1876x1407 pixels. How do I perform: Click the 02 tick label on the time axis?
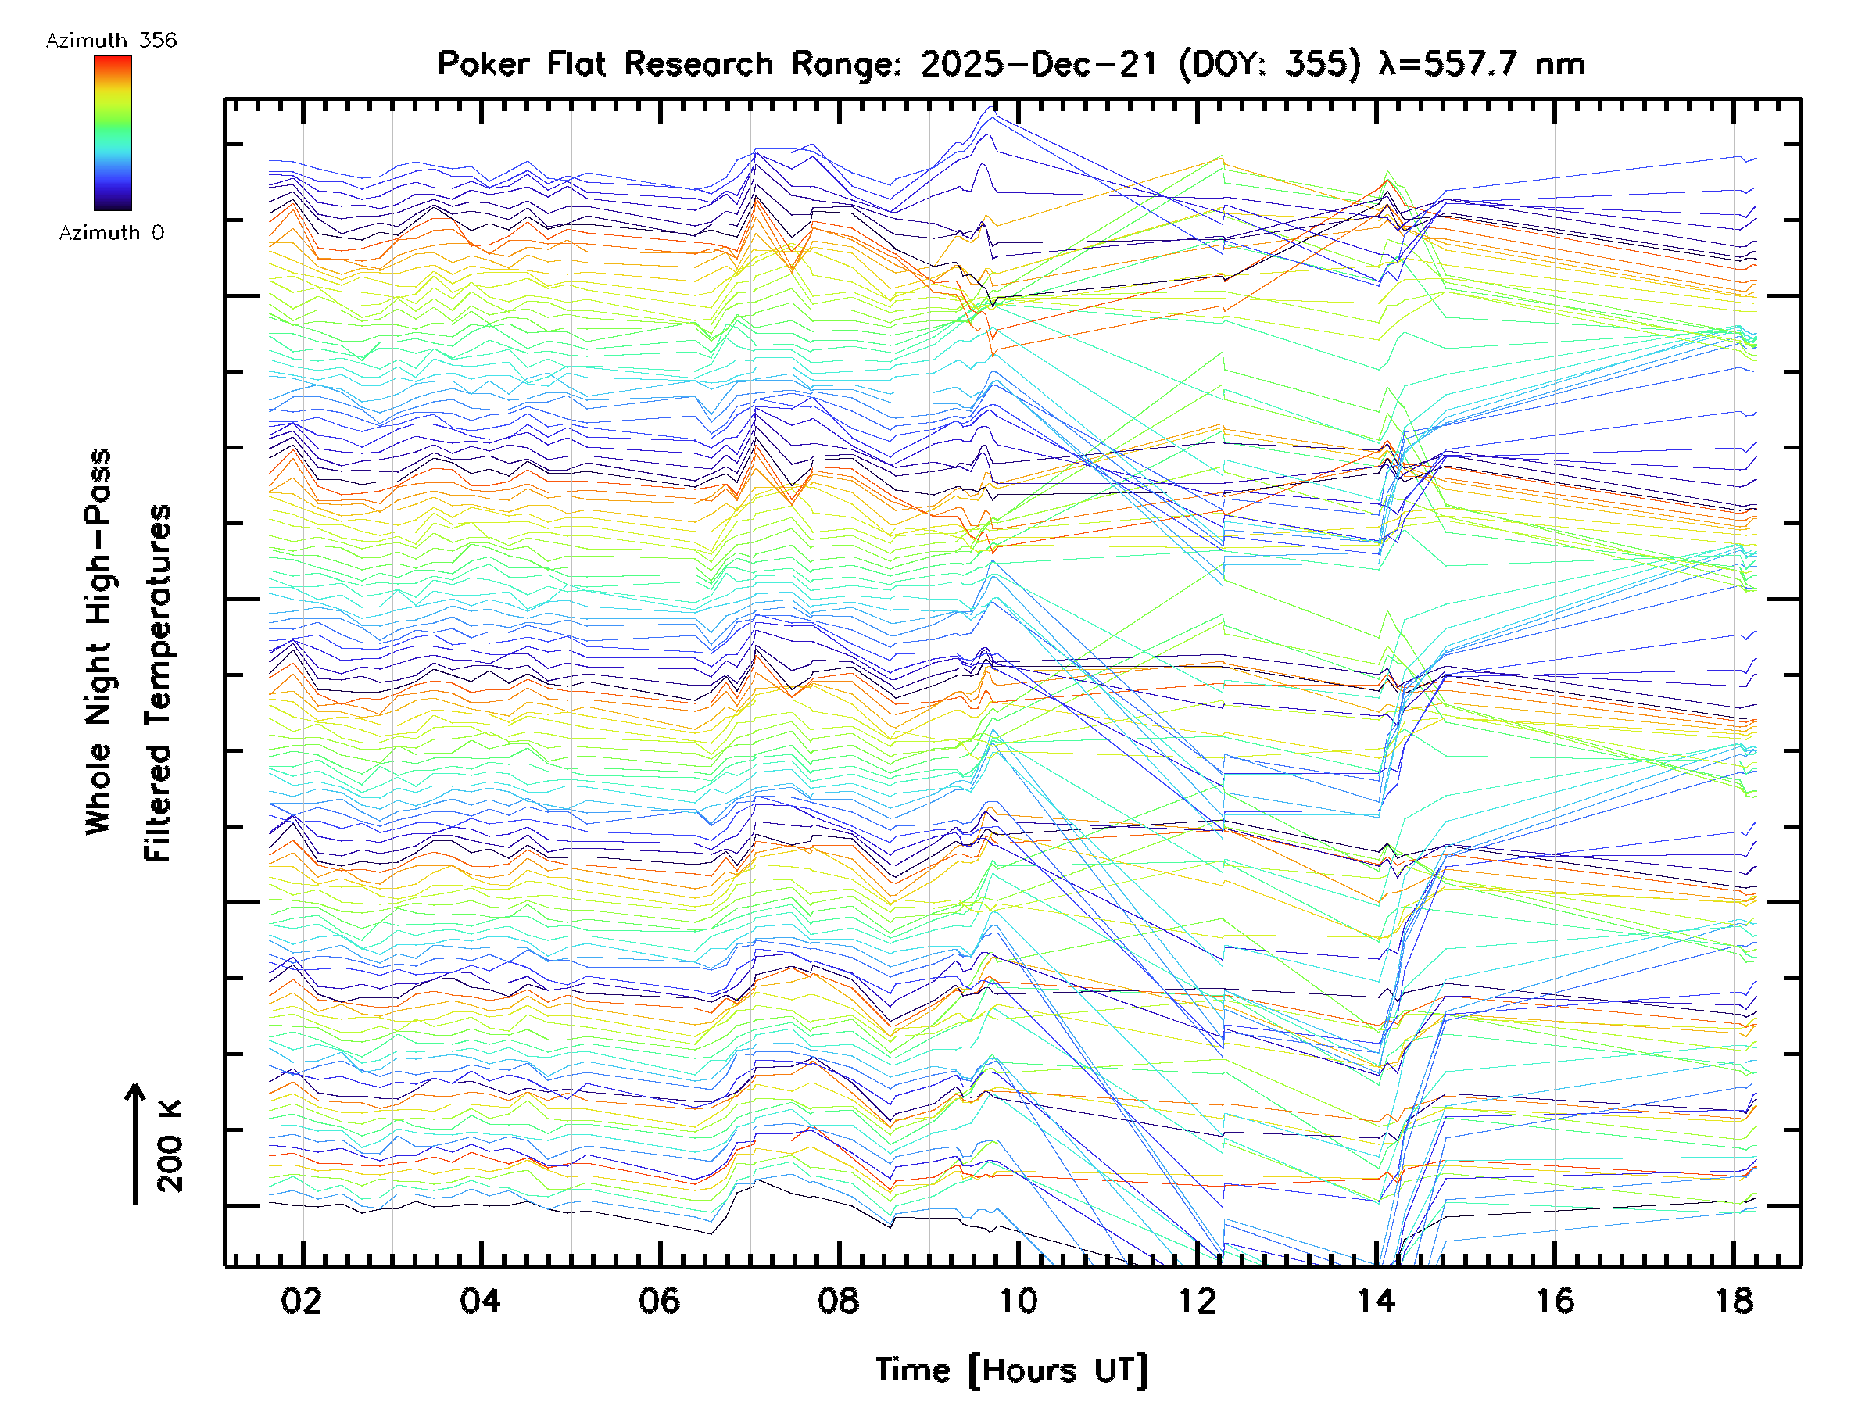tap(302, 1301)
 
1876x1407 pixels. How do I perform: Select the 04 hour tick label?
tap(481, 1301)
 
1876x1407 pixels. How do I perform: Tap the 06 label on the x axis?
tap(660, 1301)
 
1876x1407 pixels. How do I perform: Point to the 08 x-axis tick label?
tap(839, 1301)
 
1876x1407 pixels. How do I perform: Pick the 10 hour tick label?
tap(1018, 1301)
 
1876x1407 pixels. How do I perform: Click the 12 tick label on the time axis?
tap(1197, 1301)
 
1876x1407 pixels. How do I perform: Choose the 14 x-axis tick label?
tap(1376, 1301)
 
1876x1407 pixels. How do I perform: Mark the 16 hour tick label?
tap(1555, 1301)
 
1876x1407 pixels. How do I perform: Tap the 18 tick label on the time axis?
tap(1734, 1301)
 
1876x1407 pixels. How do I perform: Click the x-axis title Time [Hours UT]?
tap(1011, 1370)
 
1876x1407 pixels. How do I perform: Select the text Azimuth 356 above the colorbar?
tap(111, 41)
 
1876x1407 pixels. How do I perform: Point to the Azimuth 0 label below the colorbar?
tap(111, 232)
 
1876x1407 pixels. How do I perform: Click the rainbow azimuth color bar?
tap(113, 133)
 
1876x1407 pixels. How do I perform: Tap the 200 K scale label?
tap(170, 1146)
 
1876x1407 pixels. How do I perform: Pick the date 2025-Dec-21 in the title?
tap(1039, 63)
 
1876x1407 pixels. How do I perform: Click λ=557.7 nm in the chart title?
tap(1481, 63)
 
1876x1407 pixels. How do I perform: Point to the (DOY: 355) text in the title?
tap(1269, 63)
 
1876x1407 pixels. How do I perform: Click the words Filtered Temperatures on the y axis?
tap(158, 682)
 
